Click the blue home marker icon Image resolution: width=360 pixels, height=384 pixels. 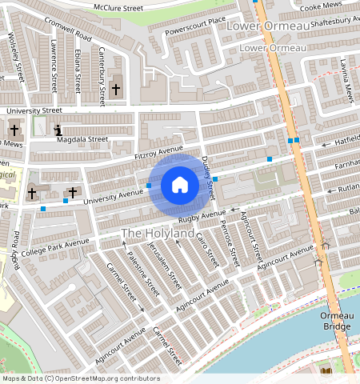pos(180,186)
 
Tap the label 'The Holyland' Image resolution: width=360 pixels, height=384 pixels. pos(158,233)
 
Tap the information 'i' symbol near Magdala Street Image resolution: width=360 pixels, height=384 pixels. pos(57,130)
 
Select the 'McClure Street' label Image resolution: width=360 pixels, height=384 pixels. pos(118,7)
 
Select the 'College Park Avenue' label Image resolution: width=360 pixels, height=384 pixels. pos(55,244)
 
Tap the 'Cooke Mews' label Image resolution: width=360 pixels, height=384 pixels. pos(320,6)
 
